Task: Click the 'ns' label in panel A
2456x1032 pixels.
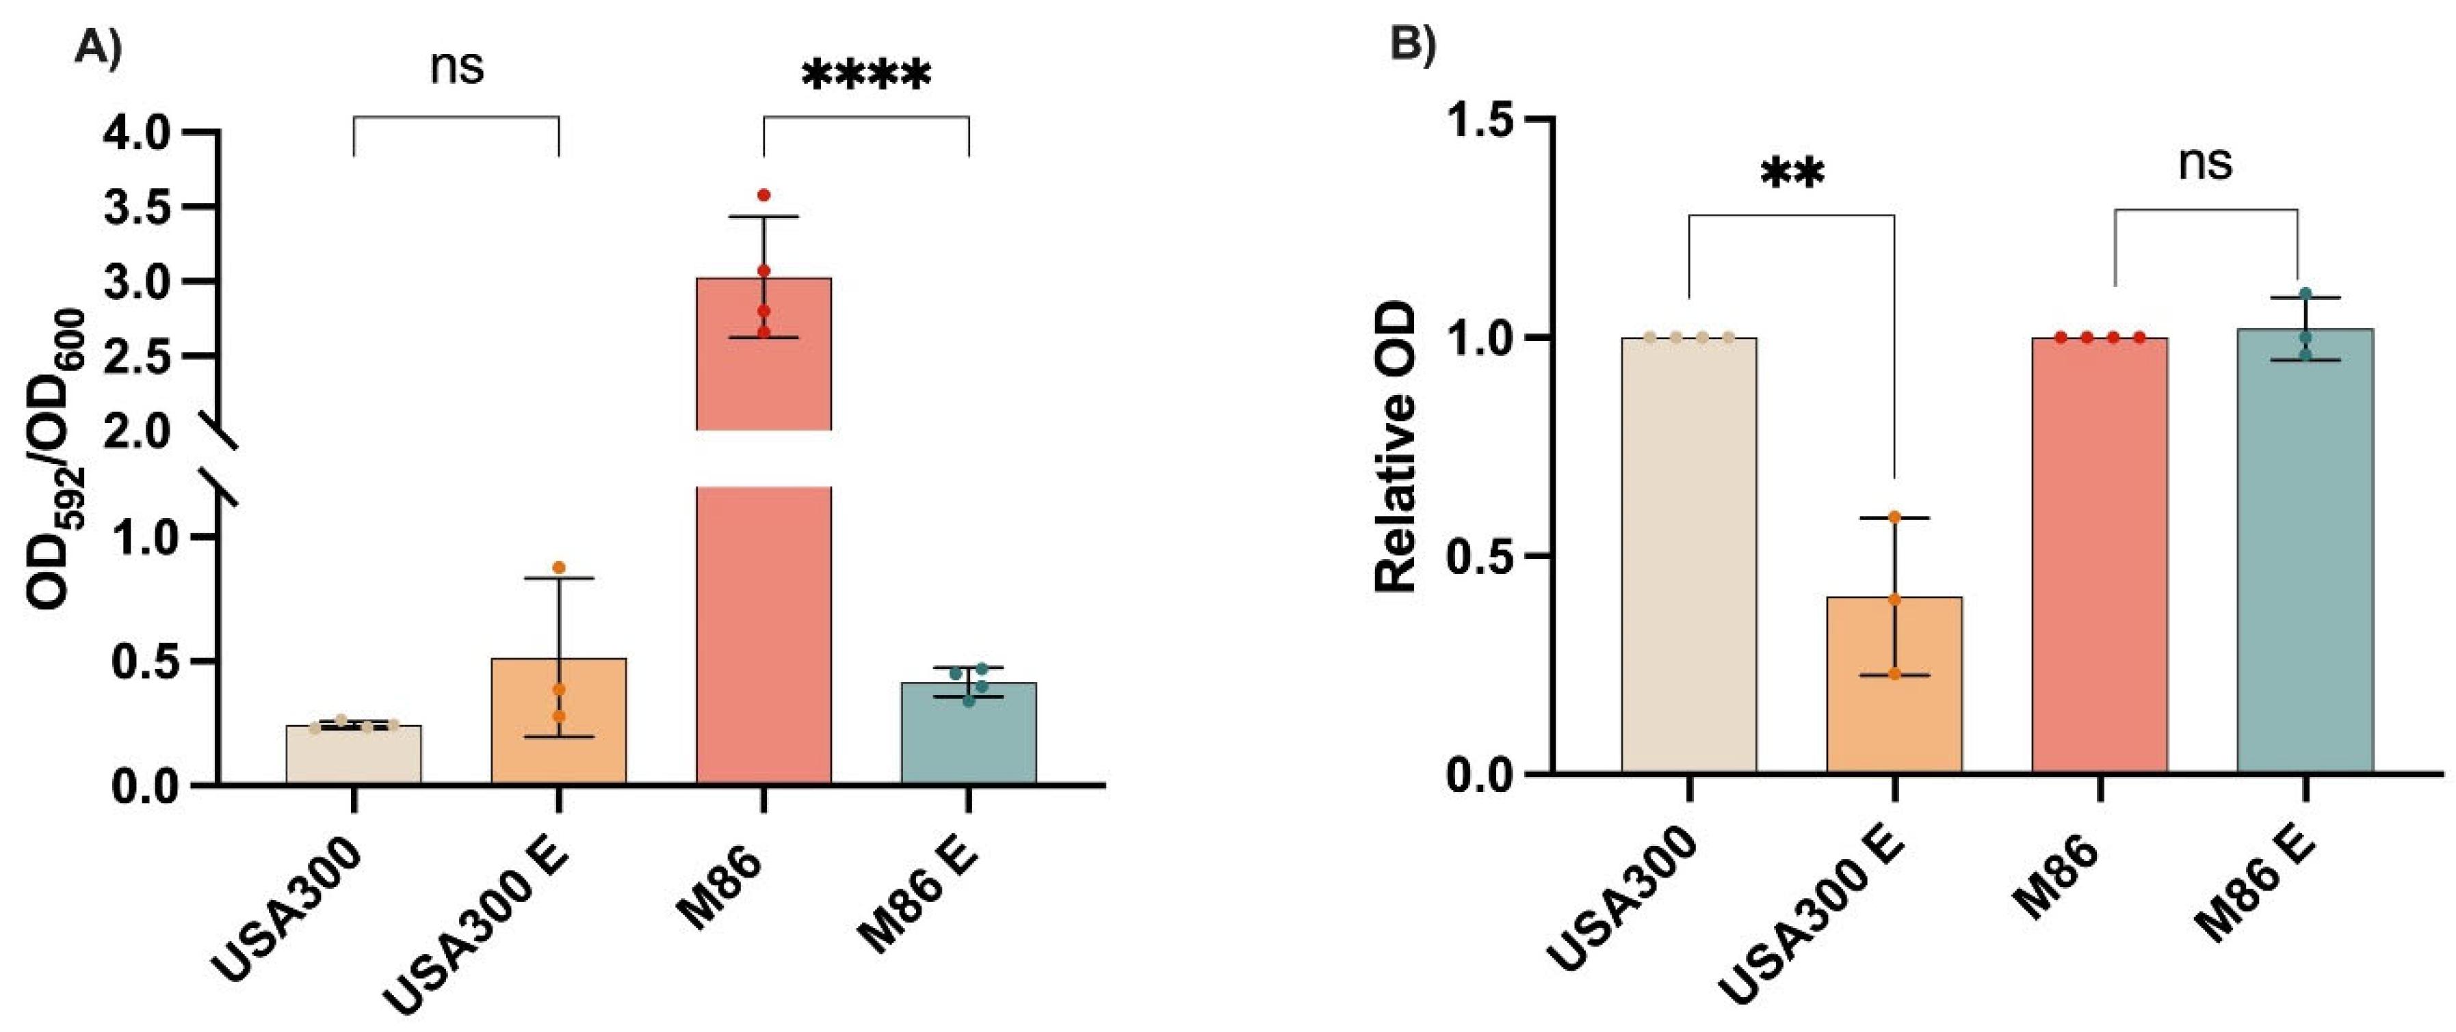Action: pos(457,68)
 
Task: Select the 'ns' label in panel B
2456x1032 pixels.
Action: pos(2204,163)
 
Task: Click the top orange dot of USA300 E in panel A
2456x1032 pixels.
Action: pos(559,567)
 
